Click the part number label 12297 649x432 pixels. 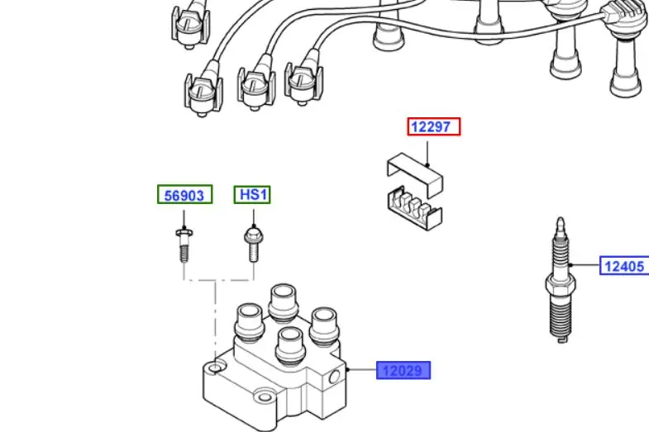point(433,126)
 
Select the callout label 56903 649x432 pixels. point(184,195)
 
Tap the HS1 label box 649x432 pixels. point(252,194)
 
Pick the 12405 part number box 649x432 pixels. point(624,265)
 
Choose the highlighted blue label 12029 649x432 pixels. point(403,370)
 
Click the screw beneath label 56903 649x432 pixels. point(184,244)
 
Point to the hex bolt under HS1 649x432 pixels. point(254,244)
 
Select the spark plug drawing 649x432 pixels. point(560,280)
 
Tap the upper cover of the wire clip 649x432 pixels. point(415,173)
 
